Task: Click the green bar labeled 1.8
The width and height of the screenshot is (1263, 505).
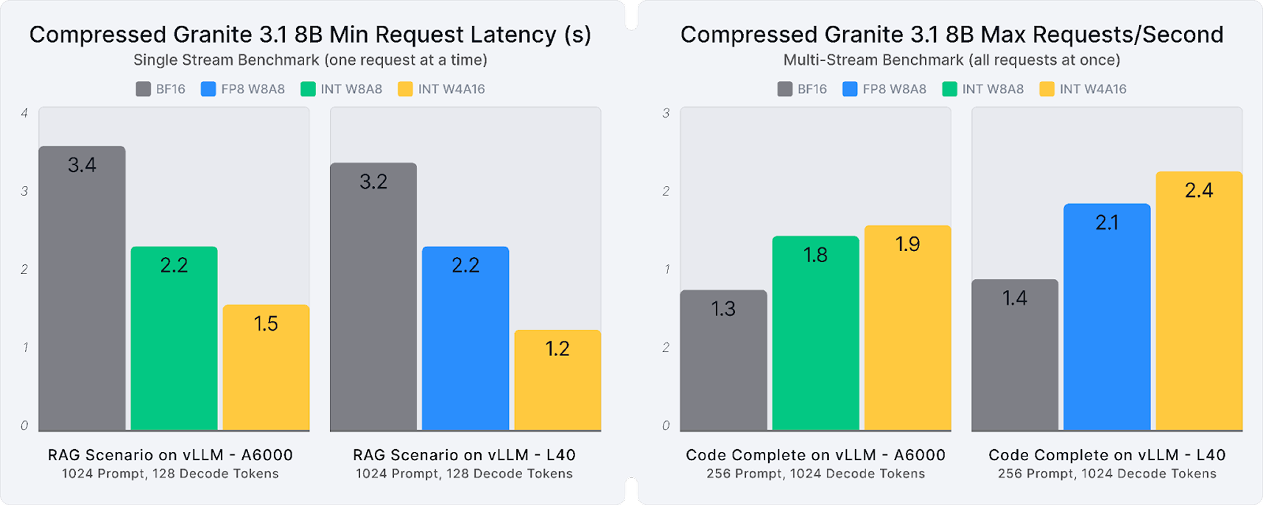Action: pos(815,333)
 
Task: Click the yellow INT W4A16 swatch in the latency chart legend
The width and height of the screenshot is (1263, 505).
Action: pos(405,89)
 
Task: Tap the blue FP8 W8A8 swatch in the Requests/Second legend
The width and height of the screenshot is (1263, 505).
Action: pos(849,89)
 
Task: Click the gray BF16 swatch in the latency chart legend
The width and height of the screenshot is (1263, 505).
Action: pos(143,89)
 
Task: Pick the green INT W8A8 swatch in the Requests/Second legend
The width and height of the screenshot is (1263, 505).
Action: pos(949,89)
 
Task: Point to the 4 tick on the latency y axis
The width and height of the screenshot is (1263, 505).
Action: pos(24,113)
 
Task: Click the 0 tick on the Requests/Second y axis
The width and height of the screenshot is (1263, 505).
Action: pos(665,426)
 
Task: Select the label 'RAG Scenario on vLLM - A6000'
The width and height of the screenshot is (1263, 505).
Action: pos(170,455)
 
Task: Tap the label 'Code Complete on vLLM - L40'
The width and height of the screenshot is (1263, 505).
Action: pos(1107,455)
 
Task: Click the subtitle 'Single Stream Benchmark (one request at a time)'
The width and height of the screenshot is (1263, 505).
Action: pos(310,60)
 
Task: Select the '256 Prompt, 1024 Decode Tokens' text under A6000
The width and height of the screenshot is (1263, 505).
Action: pos(815,473)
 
